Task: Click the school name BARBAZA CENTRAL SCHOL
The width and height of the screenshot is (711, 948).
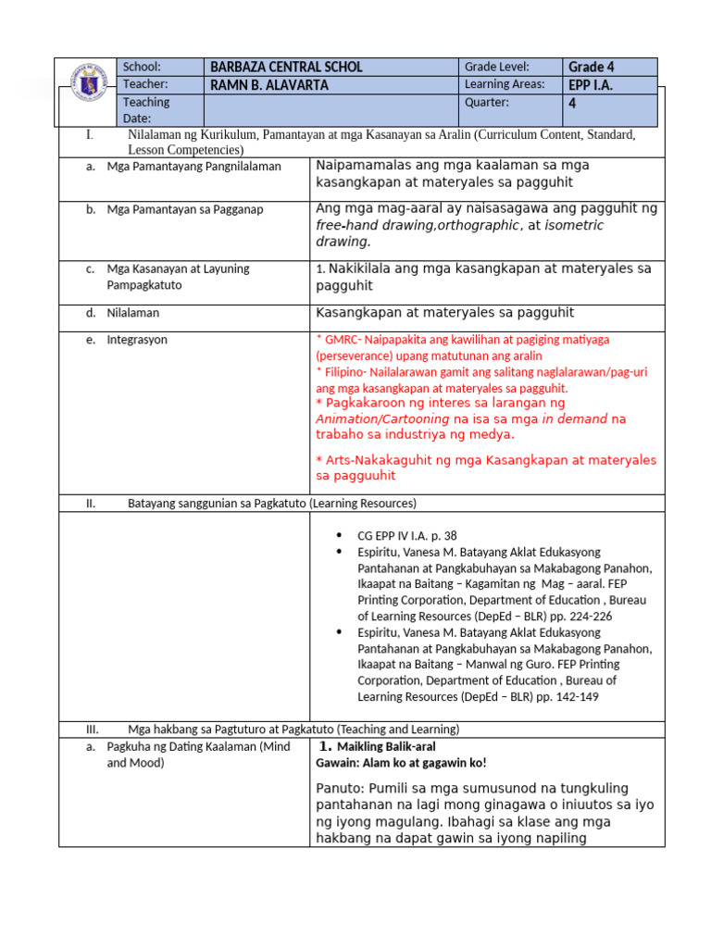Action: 286,67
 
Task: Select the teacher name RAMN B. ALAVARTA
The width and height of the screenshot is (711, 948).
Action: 269,85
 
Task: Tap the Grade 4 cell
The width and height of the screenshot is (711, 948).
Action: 592,67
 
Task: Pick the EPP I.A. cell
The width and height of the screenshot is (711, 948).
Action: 592,85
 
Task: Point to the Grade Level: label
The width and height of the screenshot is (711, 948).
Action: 497,67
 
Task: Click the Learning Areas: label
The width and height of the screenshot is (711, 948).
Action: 504,85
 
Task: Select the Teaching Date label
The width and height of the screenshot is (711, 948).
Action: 146,110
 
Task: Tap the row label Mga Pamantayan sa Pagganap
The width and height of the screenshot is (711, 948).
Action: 185,209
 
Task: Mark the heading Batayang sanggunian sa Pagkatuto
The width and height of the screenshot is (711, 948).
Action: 271,503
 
